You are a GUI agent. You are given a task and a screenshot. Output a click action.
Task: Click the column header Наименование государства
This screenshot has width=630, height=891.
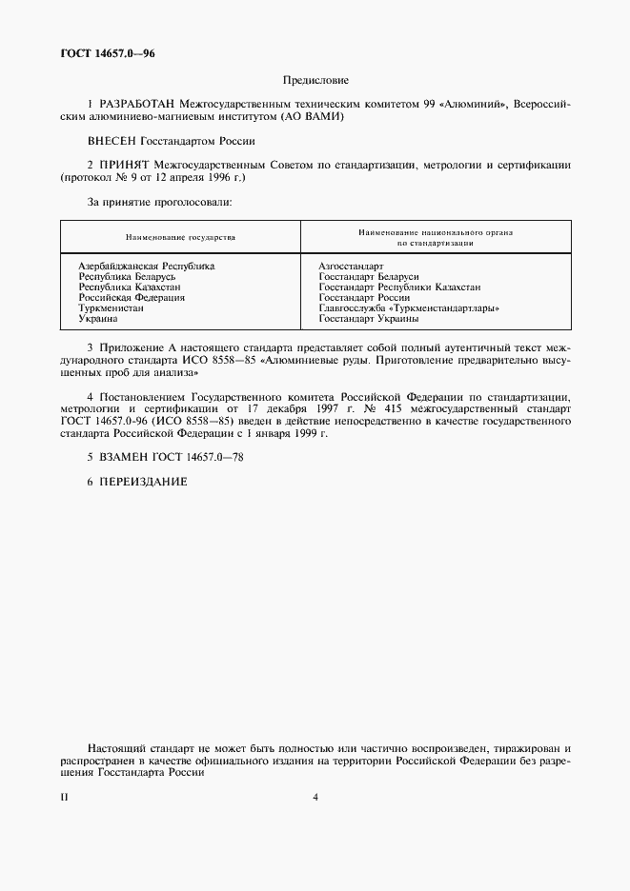click(180, 237)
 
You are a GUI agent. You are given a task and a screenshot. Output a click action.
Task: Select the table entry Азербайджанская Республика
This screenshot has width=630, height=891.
click(146, 266)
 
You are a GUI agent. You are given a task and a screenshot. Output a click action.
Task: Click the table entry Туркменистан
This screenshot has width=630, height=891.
click(112, 308)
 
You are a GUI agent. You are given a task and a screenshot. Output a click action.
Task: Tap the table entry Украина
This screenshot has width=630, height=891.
click(98, 319)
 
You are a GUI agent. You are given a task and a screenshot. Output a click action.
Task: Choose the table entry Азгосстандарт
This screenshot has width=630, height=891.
click(351, 266)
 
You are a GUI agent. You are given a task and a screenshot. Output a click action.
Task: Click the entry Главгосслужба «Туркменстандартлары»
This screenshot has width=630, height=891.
click(410, 308)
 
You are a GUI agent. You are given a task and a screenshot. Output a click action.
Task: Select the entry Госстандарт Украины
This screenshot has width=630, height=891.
click(369, 319)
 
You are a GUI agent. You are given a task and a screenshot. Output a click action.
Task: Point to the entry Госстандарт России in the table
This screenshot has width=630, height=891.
click(365, 298)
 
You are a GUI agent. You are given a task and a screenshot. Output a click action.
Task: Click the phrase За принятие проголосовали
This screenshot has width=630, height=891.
click(160, 203)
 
